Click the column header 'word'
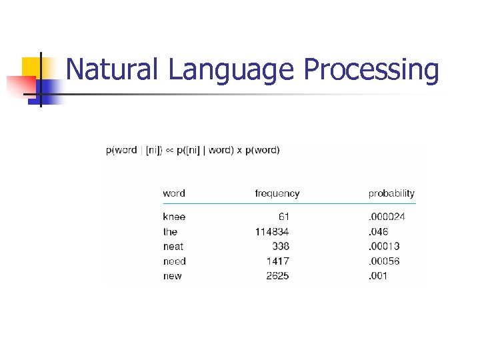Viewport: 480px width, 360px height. pos(174,193)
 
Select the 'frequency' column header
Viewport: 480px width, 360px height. pos(277,194)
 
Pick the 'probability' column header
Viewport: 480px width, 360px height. pos(391,194)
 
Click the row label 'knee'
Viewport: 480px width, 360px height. pos(174,217)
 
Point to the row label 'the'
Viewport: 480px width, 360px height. pos(170,232)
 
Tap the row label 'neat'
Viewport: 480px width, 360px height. pos(173,247)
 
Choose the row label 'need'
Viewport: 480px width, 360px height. pos(174,261)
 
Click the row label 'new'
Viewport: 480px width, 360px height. pos(172,276)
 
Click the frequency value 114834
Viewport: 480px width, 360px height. pos(272,232)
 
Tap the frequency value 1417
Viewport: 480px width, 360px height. pos(277,261)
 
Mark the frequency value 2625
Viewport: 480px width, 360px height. pos(277,276)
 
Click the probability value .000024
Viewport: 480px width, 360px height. pos(387,217)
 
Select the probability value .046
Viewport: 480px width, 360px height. pos(379,232)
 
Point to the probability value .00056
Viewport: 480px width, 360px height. pos(384,261)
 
